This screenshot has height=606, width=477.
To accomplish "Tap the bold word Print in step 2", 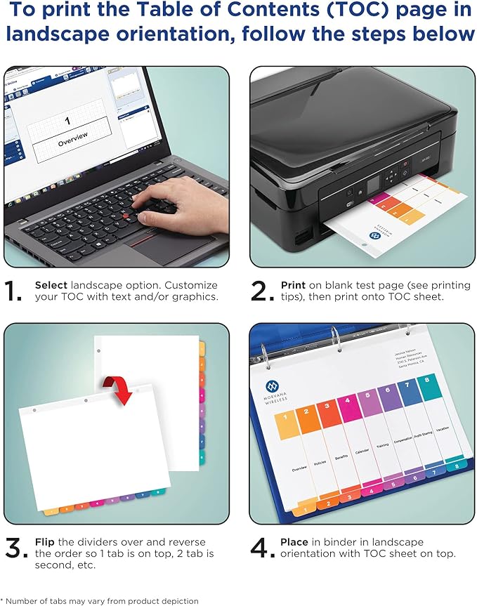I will [x=293, y=286].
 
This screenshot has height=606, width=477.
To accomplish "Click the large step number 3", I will [x=16, y=548].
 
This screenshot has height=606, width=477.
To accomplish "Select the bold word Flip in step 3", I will [x=46, y=541].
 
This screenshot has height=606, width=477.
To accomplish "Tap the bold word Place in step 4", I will [x=294, y=541].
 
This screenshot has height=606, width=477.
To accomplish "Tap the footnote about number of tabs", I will [x=100, y=600].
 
